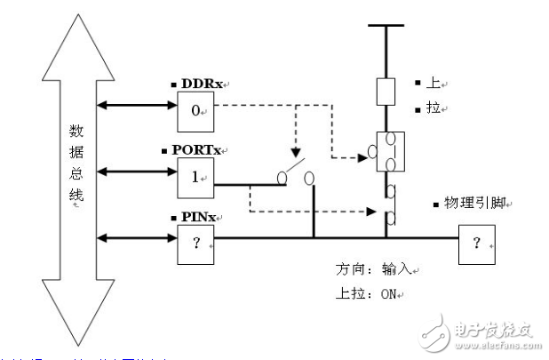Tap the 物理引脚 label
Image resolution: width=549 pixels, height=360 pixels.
pos(473,203)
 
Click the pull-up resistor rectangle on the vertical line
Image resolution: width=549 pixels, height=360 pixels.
pos(386,92)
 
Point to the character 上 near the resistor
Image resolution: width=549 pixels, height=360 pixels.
pos(434,84)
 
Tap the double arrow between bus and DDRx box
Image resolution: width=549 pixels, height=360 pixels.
pos(138,105)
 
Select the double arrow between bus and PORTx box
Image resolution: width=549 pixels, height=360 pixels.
pos(138,170)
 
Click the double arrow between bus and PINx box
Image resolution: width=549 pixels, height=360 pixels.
pos(138,237)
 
